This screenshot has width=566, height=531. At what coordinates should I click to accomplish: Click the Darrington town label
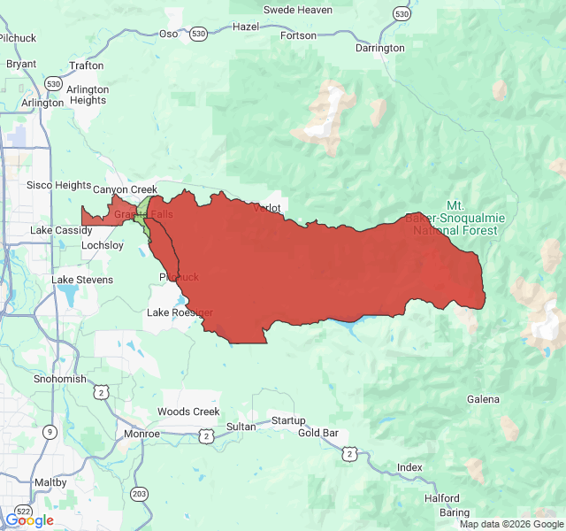point(379,48)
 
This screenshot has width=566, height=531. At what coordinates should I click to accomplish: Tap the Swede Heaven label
point(298,10)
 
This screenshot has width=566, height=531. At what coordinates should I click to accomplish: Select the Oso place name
point(168,34)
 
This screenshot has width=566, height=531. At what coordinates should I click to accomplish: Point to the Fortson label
point(297,35)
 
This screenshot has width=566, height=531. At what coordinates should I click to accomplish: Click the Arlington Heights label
point(88,95)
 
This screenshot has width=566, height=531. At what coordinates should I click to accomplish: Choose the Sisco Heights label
point(58,185)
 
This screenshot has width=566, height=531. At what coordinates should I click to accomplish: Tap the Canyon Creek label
point(125,189)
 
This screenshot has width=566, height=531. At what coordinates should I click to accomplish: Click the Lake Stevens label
point(82,280)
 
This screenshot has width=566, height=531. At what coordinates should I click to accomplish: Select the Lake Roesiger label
point(180,312)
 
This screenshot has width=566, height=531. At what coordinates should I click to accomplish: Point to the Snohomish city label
point(61,379)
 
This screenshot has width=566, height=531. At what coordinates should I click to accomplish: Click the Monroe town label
point(141,434)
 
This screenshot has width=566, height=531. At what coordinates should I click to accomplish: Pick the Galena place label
point(483,399)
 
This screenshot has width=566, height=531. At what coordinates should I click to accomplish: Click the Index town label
point(409,467)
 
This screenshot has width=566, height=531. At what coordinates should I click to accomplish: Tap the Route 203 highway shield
point(139,493)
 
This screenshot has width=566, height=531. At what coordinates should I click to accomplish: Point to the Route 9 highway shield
point(50,431)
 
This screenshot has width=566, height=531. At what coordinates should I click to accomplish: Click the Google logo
point(29,519)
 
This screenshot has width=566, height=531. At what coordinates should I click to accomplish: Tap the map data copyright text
point(510,524)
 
